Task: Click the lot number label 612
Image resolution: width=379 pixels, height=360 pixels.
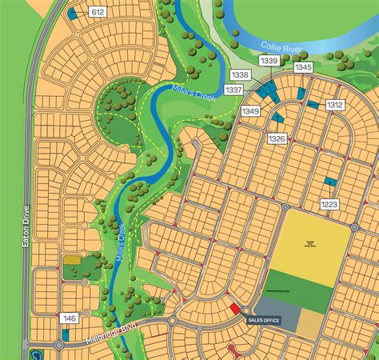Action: pos(98,12)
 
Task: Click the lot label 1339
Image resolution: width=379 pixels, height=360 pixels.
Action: pos(269,61)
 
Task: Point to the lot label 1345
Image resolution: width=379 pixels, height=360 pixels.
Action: pos(303,68)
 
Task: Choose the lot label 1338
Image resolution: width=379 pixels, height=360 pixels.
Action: pos(239,74)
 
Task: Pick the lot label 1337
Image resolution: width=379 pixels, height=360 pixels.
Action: pos(233,90)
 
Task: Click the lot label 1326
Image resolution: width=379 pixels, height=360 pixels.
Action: pos(277,138)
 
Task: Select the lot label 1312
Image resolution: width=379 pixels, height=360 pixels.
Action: pos(335,105)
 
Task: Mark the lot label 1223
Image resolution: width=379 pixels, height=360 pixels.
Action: pos(329,205)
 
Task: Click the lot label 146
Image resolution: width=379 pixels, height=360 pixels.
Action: pos(70,318)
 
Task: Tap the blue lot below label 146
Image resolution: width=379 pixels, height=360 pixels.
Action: pos(65,334)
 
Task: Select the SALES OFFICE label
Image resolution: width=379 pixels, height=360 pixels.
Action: pos(263,320)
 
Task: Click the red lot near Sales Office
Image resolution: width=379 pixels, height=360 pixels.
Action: pos(234,308)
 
